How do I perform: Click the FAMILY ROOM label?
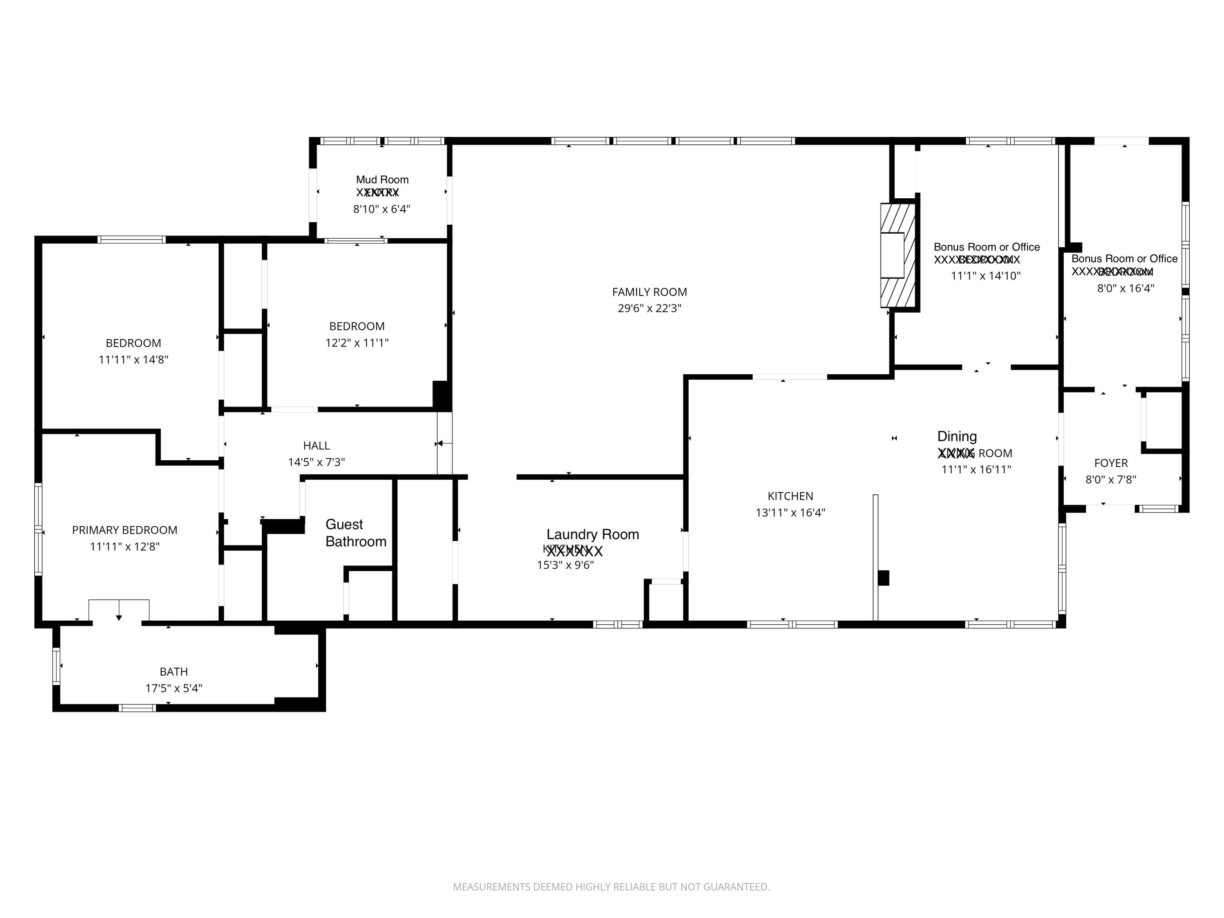pos(649,292)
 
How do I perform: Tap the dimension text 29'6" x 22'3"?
pos(649,308)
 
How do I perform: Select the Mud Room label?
pos(382,179)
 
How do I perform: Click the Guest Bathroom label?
pos(355,533)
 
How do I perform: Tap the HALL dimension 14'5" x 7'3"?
pos(316,462)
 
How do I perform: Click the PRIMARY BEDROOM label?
pos(124,530)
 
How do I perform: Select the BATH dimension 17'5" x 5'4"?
pos(173,688)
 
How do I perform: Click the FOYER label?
pos(1111,463)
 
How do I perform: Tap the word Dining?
pos(957,436)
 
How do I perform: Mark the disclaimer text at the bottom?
pos(611,887)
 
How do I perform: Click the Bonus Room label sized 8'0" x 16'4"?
pos(1124,258)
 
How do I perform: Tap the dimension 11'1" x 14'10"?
pos(985,275)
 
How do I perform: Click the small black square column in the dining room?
pos(883,578)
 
